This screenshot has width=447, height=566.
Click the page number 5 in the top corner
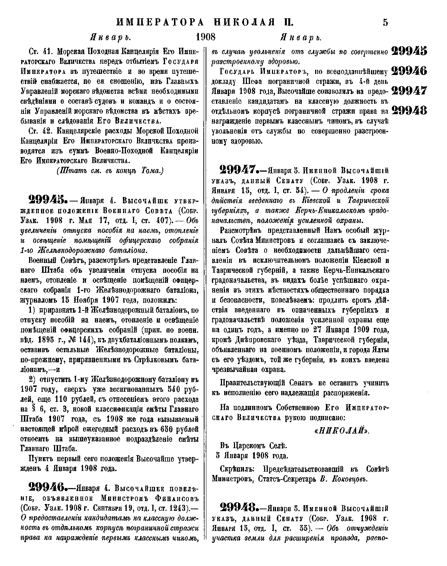tap(385, 22)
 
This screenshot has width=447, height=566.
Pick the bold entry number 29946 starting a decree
tap(47, 488)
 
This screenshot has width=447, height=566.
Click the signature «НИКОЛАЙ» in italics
tap(341, 431)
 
